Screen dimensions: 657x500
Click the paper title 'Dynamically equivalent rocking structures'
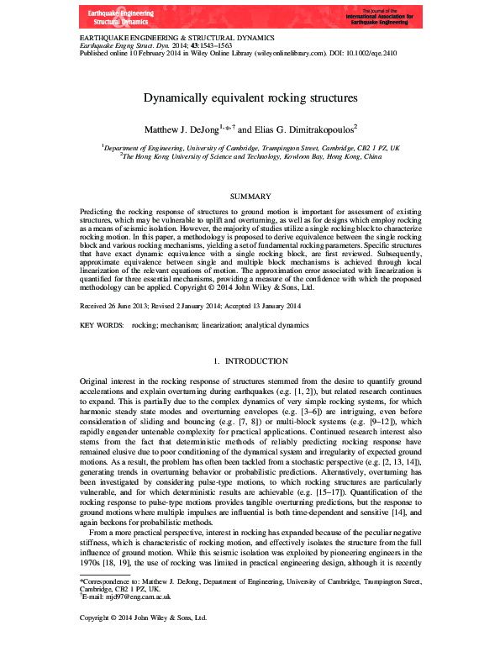pos(250,98)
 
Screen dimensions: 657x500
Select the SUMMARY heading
pos(250,195)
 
